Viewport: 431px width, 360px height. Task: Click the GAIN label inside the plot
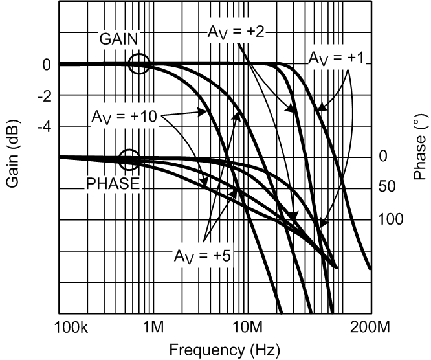click(x=118, y=38)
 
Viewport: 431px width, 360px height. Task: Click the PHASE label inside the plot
click(x=113, y=183)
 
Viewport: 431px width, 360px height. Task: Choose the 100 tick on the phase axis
click(x=390, y=219)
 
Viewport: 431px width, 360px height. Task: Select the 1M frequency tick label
click(x=153, y=326)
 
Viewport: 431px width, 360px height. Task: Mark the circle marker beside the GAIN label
click(x=139, y=63)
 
